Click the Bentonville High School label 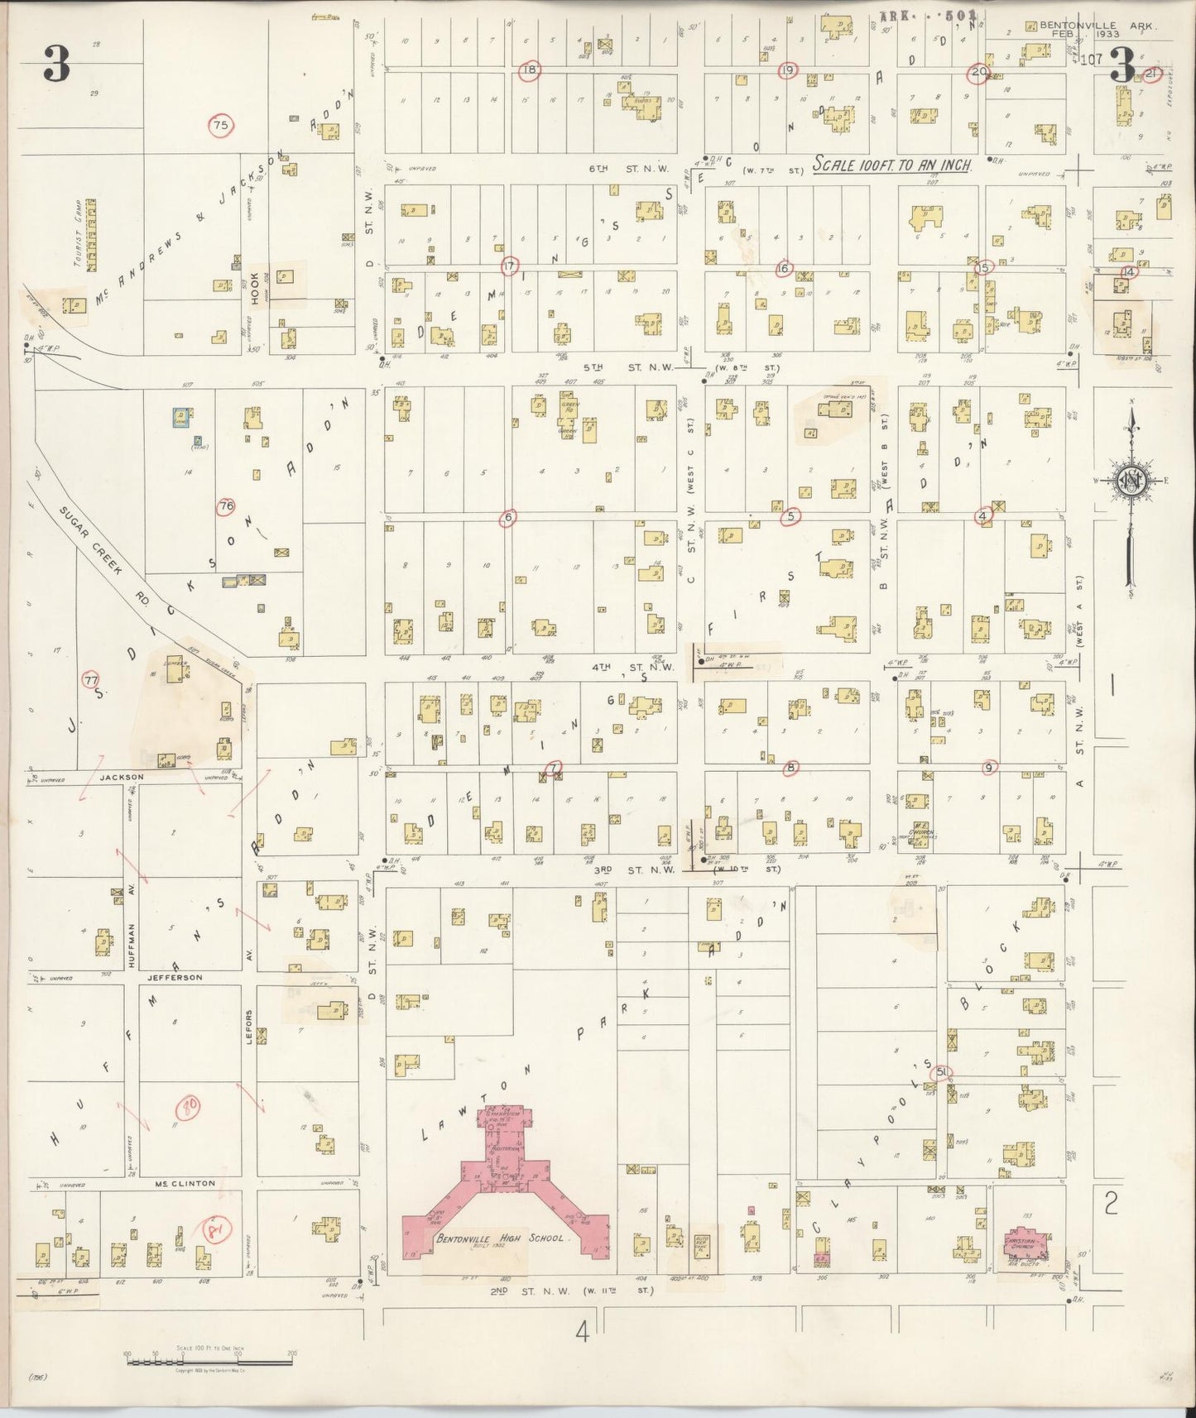coord(499,1238)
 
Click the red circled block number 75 coord(220,126)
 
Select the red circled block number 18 coord(529,70)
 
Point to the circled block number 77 coord(91,680)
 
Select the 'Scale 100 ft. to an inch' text coord(892,165)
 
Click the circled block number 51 coord(942,1072)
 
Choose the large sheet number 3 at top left coord(55,64)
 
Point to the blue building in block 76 coord(179,417)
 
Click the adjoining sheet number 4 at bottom coord(583,1331)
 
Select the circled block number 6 coord(508,518)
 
